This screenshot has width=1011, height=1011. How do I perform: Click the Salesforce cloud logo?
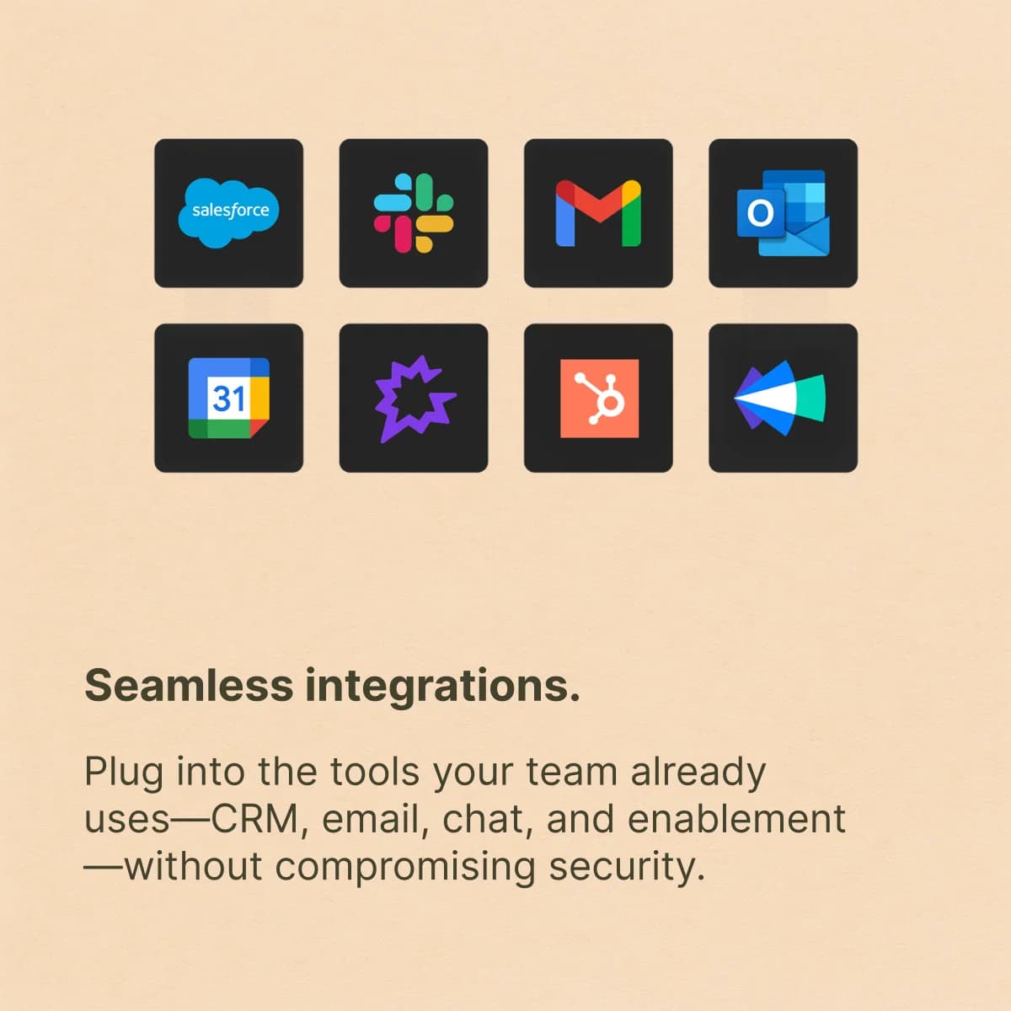(229, 212)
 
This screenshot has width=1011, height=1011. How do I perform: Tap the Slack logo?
(414, 213)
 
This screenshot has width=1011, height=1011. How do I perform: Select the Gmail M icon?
(598, 213)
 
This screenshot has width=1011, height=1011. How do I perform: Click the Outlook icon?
(783, 213)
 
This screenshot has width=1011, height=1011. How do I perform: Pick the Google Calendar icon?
(229, 398)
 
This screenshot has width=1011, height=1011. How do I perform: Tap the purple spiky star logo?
(415, 399)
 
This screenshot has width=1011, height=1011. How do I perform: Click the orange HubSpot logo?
(599, 399)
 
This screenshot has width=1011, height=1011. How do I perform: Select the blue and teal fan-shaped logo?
(779, 399)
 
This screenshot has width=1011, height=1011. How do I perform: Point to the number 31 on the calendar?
(229, 399)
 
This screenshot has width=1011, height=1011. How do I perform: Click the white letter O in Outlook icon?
(760, 213)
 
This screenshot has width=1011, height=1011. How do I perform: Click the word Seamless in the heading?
(189, 686)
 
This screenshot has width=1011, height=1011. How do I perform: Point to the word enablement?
(736, 819)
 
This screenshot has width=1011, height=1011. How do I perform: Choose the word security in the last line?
(627, 867)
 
